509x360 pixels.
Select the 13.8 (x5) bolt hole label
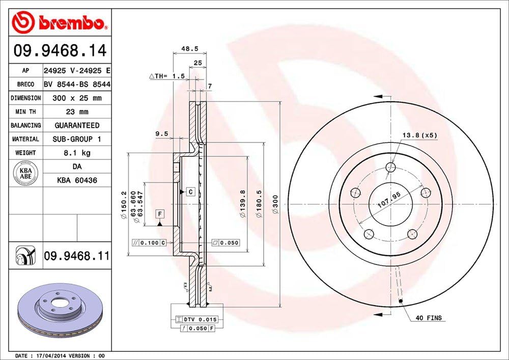(x=419, y=135)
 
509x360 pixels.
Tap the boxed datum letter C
(x=189, y=192)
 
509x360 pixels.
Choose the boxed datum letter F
(x=160, y=213)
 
